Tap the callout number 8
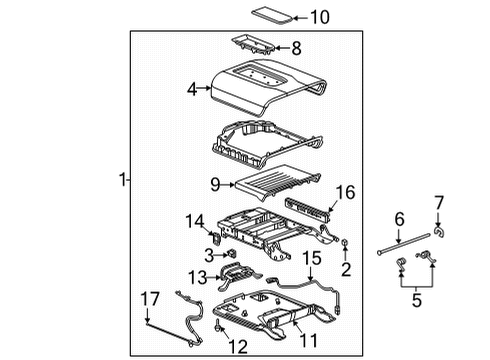pyautogui.click(x=295, y=46)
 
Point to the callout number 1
pyautogui.click(x=122, y=180)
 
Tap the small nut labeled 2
pyautogui.click(x=344, y=243)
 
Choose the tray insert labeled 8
pyautogui.click(x=257, y=47)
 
